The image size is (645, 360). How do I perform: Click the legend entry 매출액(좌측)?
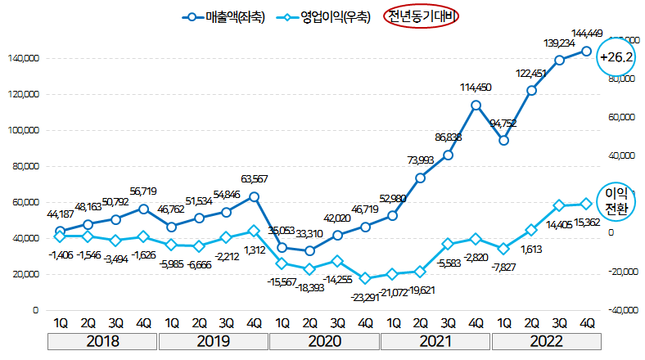tap(226, 17)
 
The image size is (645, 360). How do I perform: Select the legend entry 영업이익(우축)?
tap(324, 17)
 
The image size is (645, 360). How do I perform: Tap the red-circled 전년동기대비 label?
tap(423, 17)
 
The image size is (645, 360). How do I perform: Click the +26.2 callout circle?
tap(617, 58)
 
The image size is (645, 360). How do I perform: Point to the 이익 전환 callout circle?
tap(616, 201)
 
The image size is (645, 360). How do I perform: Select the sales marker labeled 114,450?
tap(476, 105)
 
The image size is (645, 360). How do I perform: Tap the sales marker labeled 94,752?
tap(503, 140)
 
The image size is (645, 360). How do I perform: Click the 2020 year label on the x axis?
tap(324, 340)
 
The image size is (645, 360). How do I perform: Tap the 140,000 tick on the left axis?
tap(24, 59)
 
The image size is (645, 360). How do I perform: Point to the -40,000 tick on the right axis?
tap(621, 310)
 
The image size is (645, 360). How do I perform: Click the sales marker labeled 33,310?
tap(309, 251)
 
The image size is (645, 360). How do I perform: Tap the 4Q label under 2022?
tap(586, 322)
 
